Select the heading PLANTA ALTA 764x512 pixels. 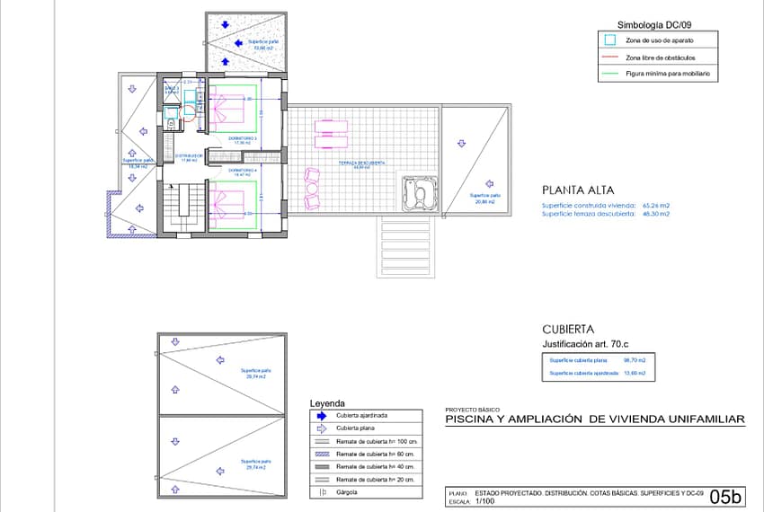pos(578,190)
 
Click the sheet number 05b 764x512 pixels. pos(725,497)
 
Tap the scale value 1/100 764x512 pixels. pos(485,502)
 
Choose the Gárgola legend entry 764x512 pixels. pos(347,492)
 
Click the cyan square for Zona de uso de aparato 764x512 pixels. pos(610,40)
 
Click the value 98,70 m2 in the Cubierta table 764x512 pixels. pos(635,359)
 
